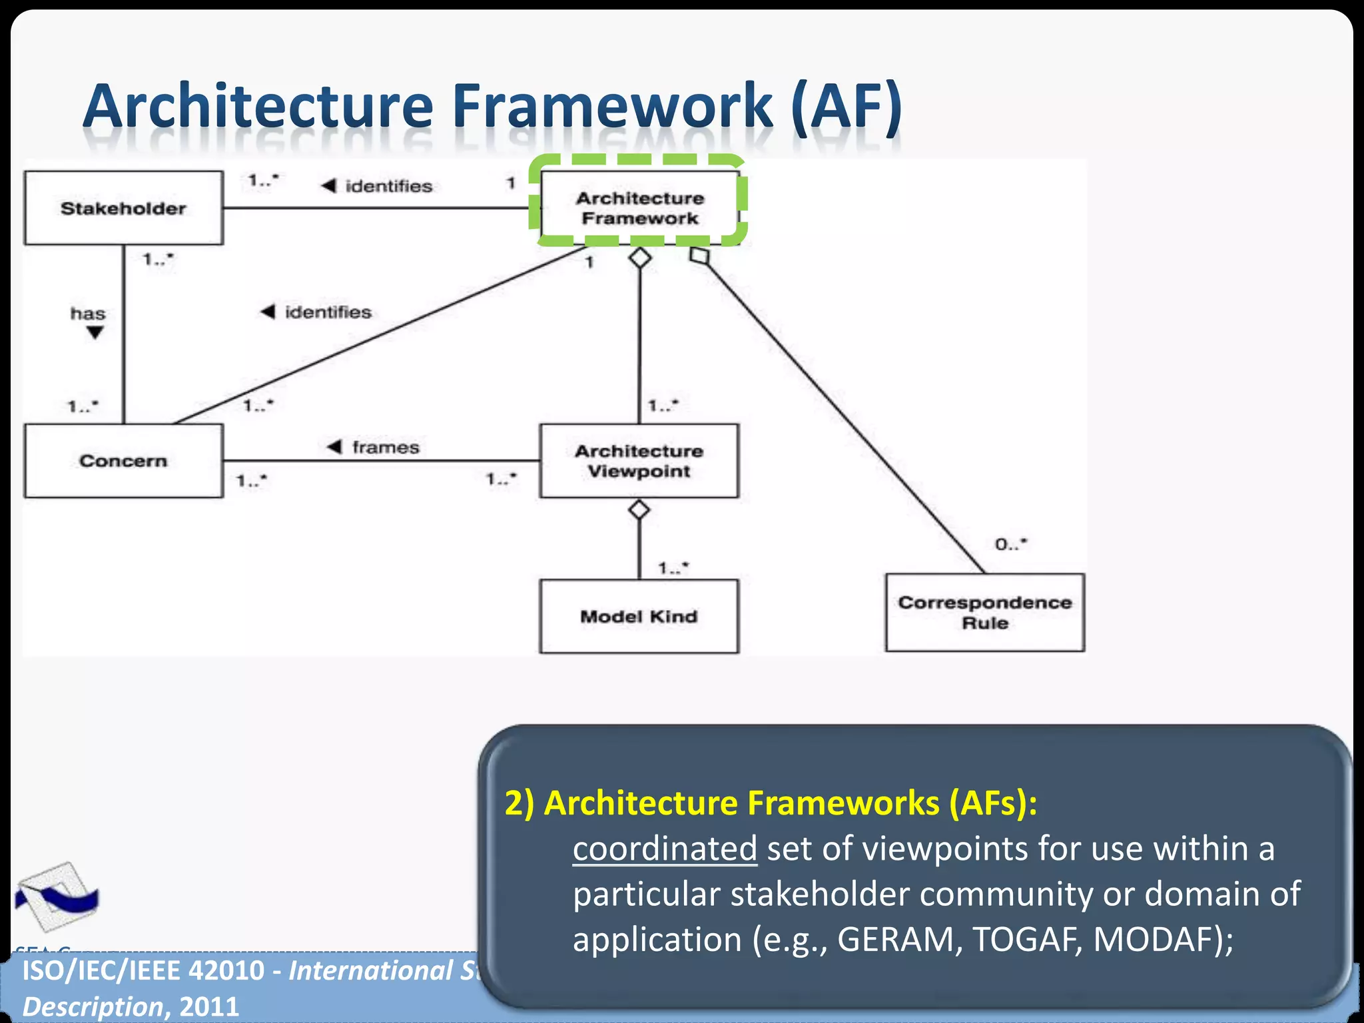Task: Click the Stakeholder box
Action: (123, 208)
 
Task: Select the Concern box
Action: (123, 460)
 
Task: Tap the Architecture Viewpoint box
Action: (639, 460)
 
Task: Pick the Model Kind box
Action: (639, 616)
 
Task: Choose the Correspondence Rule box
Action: (984, 612)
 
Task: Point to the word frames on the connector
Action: (386, 447)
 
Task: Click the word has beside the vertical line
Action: (88, 313)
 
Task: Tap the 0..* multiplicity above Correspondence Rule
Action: (1011, 544)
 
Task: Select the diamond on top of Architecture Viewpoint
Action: (639, 510)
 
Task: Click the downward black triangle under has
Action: (95, 332)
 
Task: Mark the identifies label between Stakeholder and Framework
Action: (388, 186)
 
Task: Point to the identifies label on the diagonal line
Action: (328, 312)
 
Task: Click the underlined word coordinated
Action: (664, 849)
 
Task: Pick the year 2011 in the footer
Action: (209, 1006)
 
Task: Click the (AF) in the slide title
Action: (847, 107)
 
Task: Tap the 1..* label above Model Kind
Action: (673, 567)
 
